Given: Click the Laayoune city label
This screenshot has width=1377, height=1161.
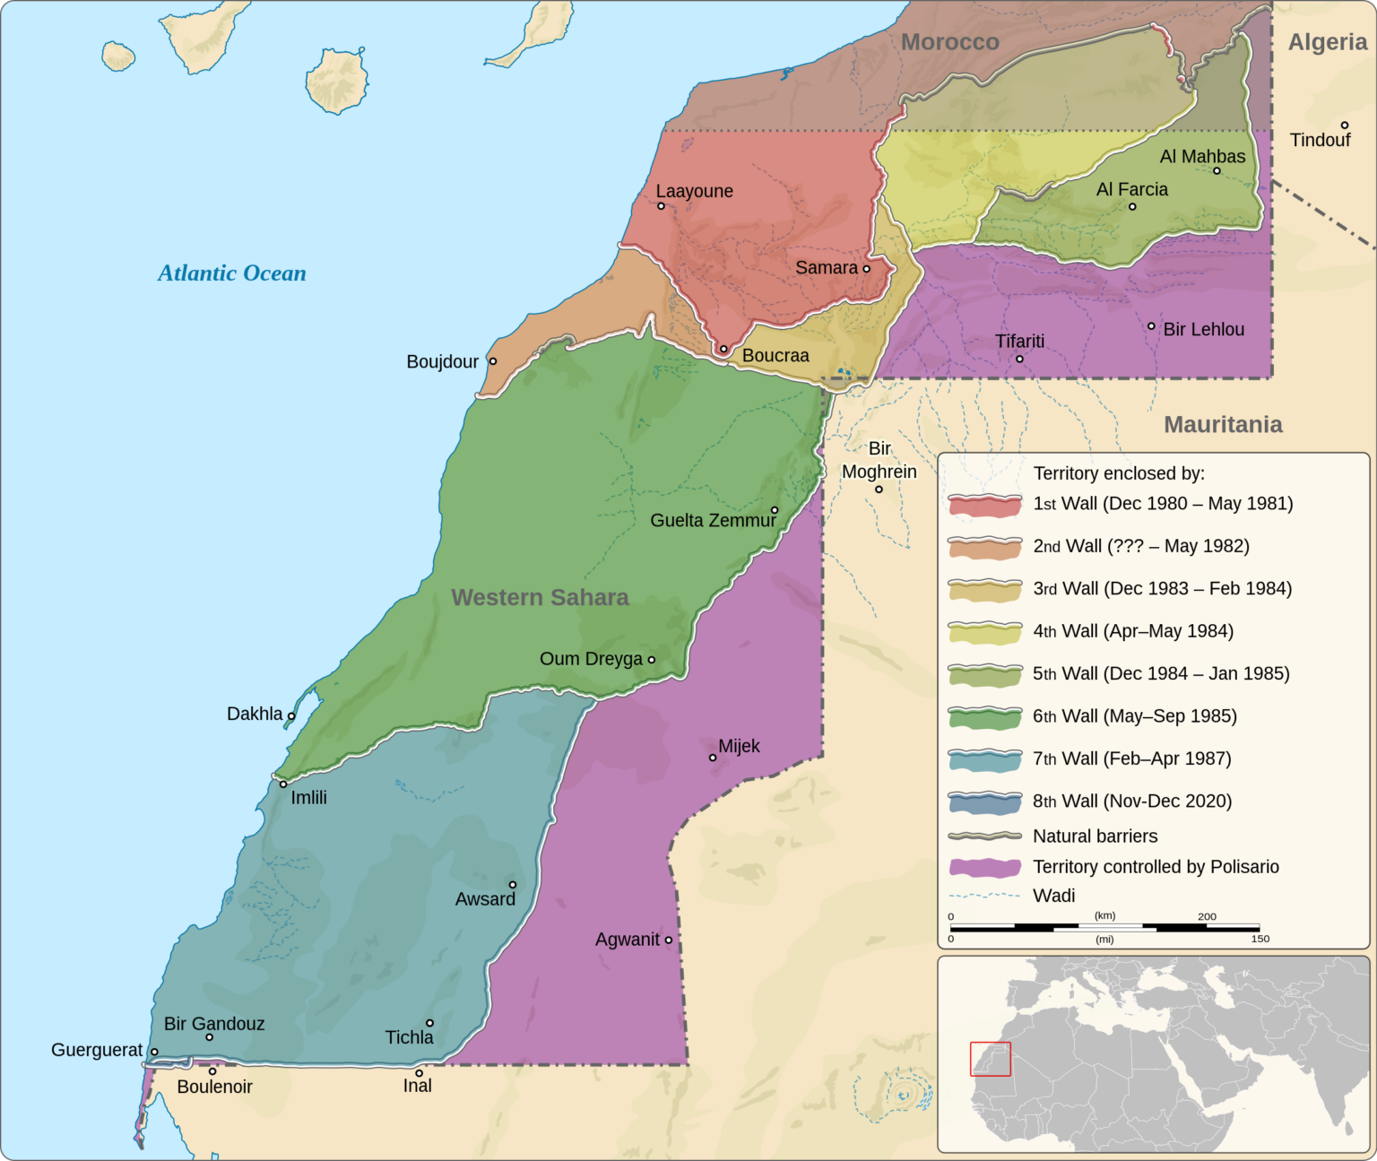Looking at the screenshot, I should (x=694, y=191).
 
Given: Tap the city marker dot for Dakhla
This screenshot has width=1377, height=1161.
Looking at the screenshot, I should (x=291, y=716).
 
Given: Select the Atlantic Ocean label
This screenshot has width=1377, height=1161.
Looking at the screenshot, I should (x=232, y=273).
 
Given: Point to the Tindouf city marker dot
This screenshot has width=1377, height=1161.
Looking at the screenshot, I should (x=1345, y=126).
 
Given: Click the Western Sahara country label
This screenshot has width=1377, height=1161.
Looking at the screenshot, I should (x=540, y=598).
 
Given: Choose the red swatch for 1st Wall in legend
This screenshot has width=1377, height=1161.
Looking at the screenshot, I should (x=985, y=505).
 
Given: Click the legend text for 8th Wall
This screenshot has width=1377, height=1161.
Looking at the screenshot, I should (x=1132, y=801).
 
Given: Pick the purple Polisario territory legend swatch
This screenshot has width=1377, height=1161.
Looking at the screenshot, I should (x=985, y=867).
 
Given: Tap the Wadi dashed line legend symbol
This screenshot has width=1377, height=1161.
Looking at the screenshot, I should (x=985, y=896).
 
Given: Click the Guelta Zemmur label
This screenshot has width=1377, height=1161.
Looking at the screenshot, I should (x=713, y=521).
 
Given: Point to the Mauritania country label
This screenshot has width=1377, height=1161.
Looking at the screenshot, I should (x=1223, y=425).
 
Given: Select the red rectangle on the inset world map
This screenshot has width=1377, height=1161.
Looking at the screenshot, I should (x=990, y=1059).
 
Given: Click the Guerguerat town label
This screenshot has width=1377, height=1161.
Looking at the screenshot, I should (x=97, y=1051).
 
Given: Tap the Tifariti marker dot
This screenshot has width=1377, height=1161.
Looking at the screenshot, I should (x=1019, y=360).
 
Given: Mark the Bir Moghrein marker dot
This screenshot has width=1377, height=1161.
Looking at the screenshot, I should (x=879, y=490).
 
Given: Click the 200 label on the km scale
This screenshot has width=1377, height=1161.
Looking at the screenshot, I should (x=1207, y=916).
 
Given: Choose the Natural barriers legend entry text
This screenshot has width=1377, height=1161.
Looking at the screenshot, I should (x=1095, y=836).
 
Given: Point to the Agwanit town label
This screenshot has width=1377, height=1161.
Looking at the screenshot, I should (x=628, y=940).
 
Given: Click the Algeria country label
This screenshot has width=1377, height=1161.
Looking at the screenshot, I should (x=1327, y=42).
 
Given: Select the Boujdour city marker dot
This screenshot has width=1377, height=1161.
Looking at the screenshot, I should (x=492, y=361).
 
